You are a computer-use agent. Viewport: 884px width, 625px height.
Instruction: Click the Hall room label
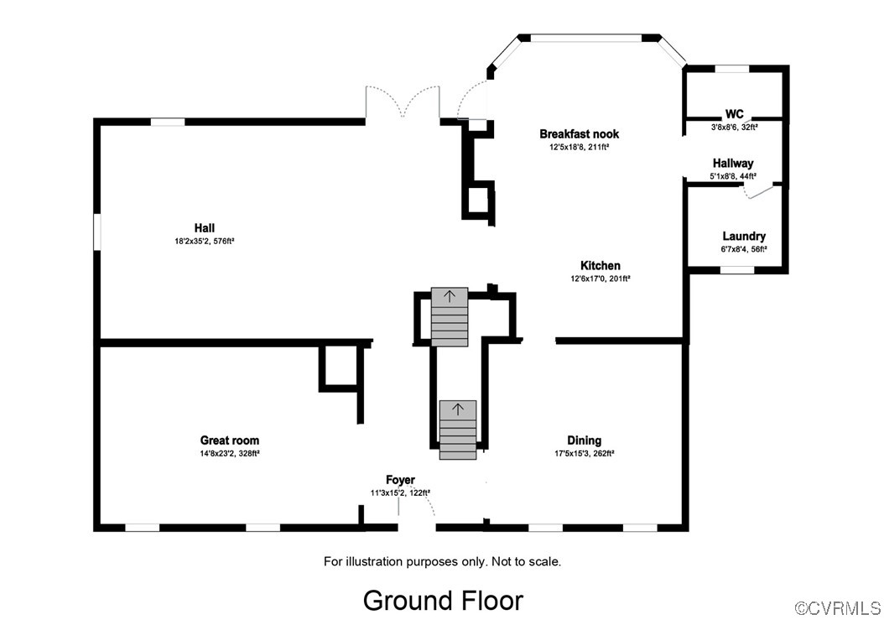[204, 227]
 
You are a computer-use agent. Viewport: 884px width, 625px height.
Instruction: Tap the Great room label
[229, 440]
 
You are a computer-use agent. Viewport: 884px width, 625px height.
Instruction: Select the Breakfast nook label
[579, 133]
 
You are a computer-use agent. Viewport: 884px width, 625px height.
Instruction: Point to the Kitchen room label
[601, 265]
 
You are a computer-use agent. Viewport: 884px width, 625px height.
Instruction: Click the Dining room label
[584, 440]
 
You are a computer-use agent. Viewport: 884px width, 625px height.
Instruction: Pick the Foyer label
[400, 480]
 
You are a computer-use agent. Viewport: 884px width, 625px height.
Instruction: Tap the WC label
[734, 114]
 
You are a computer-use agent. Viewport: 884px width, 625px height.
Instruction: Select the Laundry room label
[744, 237]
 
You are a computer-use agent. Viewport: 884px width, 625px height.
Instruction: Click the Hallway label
[733, 163]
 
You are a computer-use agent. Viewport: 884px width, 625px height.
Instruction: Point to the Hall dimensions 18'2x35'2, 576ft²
[204, 241]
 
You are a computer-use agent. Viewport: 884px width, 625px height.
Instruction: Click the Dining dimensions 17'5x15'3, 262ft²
[584, 453]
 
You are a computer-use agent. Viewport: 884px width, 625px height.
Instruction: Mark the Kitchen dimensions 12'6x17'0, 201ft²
[601, 279]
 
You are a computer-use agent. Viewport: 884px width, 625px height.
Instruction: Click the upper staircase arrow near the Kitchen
[450, 295]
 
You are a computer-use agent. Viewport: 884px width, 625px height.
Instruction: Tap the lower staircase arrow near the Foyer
[458, 409]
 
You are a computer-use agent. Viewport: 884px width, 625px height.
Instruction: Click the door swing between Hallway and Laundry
[759, 192]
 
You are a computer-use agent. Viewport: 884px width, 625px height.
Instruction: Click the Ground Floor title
[442, 600]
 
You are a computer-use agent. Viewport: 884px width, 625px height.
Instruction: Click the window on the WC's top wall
[731, 68]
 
